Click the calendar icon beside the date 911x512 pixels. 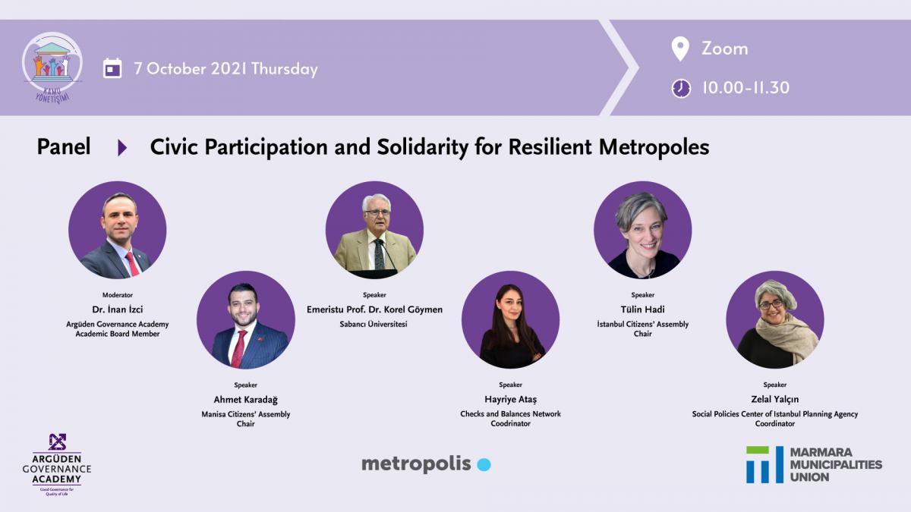pyautogui.click(x=112, y=68)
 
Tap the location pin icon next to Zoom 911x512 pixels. pyautogui.click(x=680, y=49)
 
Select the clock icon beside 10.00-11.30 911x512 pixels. pyautogui.click(x=681, y=88)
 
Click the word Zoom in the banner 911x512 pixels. pyautogui.click(x=725, y=49)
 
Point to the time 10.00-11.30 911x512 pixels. pyautogui.click(x=746, y=88)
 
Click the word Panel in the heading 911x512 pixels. pyautogui.click(x=64, y=146)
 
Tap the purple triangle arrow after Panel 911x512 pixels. pyautogui.click(x=122, y=147)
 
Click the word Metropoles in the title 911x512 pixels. pyautogui.click(x=654, y=147)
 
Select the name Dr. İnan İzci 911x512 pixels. pyautogui.click(x=118, y=309)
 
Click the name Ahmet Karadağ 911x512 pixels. pyautogui.click(x=246, y=400)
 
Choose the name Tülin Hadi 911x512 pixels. pyautogui.click(x=642, y=309)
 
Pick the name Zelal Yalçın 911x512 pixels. pyautogui.click(x=775, y=400)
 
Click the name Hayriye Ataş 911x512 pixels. pyautogui.click(x=510, y=400)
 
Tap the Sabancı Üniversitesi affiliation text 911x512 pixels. pyautogui.click(x=374, y=325)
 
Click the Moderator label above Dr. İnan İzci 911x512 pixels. pyautogui.click(x=118, y=295)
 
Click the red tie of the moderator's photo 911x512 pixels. pyautogui.click(x=132, y=263)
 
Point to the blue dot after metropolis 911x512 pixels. pyautogui.click(x=484, y=464)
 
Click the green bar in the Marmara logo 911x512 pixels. pyautogui.click(x=758, y=451)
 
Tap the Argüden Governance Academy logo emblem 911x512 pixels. pyautogui.click(x=57, y=441)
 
